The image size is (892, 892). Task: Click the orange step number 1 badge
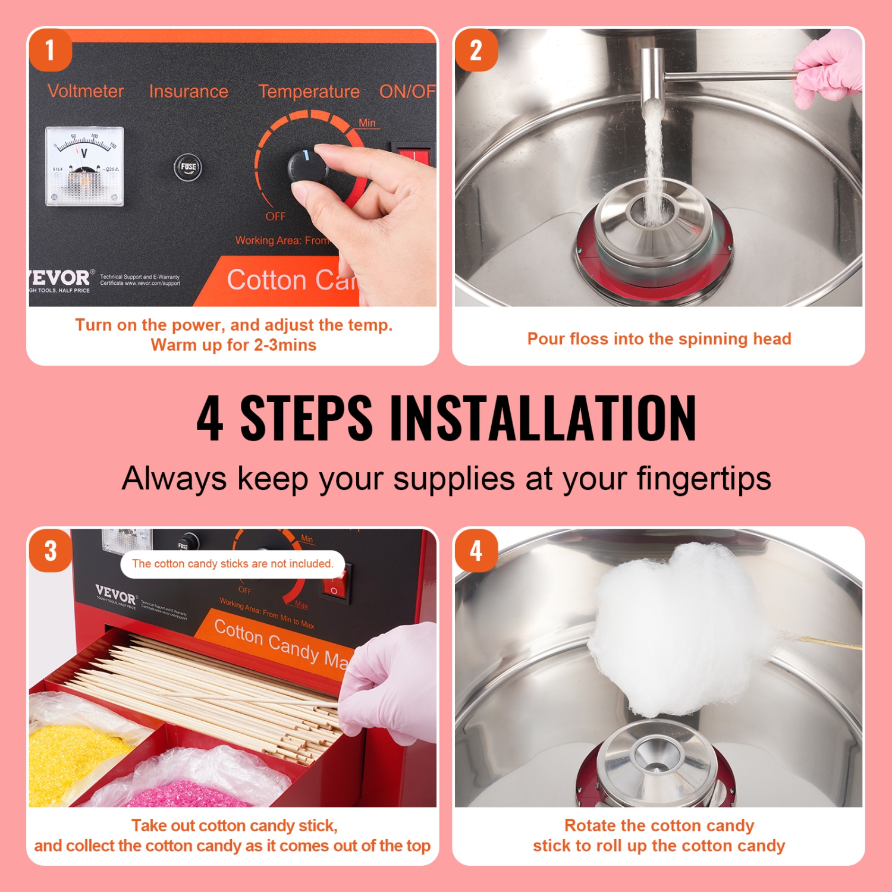50,51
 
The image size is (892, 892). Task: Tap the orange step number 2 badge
476,51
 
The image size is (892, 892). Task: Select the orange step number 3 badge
51,551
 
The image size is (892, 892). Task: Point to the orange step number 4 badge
476,551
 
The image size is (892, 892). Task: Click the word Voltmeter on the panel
86,91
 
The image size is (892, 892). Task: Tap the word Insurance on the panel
189,91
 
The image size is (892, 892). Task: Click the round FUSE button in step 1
188,167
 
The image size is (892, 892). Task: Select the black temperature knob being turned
306,166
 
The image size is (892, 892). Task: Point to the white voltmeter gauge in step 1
84,166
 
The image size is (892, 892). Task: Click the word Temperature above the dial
309,92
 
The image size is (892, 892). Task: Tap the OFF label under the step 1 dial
275,216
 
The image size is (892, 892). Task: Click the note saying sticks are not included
233,564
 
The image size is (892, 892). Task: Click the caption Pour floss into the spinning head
659,339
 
